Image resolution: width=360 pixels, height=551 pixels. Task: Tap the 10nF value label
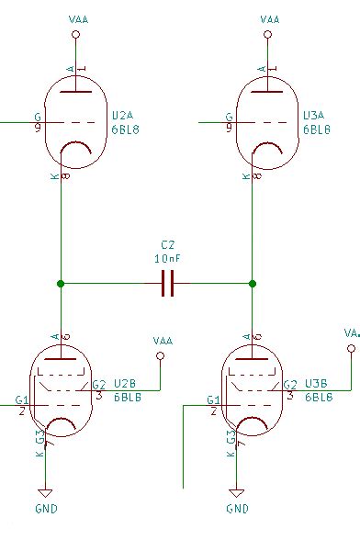coord(167,259)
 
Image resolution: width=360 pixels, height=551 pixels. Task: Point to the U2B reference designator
coord(126,384)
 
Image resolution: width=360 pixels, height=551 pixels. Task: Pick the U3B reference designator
coord(317,384)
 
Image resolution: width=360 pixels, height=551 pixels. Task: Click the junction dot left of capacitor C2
coord(61,285)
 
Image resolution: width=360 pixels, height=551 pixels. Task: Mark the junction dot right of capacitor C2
coord(253,285)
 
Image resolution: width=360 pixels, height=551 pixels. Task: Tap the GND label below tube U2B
coord(46,508)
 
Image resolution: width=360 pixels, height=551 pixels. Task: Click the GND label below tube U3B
coord(237,508)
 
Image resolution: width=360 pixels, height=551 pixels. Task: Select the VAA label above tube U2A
coord(78,18)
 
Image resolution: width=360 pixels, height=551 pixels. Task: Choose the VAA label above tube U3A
coord(270,18)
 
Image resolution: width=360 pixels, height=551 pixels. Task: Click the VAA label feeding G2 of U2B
coord(163,340)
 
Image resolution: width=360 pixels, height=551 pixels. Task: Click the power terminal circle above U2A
coord(77,36)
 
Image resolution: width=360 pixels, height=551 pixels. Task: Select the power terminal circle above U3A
coord(269,36)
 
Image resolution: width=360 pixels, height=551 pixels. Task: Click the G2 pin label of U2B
coord(99,385)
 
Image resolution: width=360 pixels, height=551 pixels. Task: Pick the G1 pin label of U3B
coord(213,400)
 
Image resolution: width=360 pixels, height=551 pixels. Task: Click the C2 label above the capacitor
coord(167,246)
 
